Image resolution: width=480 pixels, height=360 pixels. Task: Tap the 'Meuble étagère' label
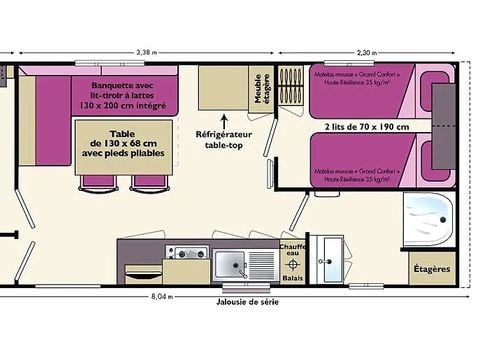pos(261,88)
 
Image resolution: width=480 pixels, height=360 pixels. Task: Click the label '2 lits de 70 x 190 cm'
pos(366,127)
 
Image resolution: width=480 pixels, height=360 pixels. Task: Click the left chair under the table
pos(97,180)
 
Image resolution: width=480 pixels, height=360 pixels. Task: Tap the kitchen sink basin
pos(232,265)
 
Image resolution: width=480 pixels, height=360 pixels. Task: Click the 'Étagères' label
pos(431,269)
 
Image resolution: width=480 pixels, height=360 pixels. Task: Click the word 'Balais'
pos(292,280)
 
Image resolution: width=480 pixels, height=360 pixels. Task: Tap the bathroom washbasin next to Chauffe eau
pos(327,262)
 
